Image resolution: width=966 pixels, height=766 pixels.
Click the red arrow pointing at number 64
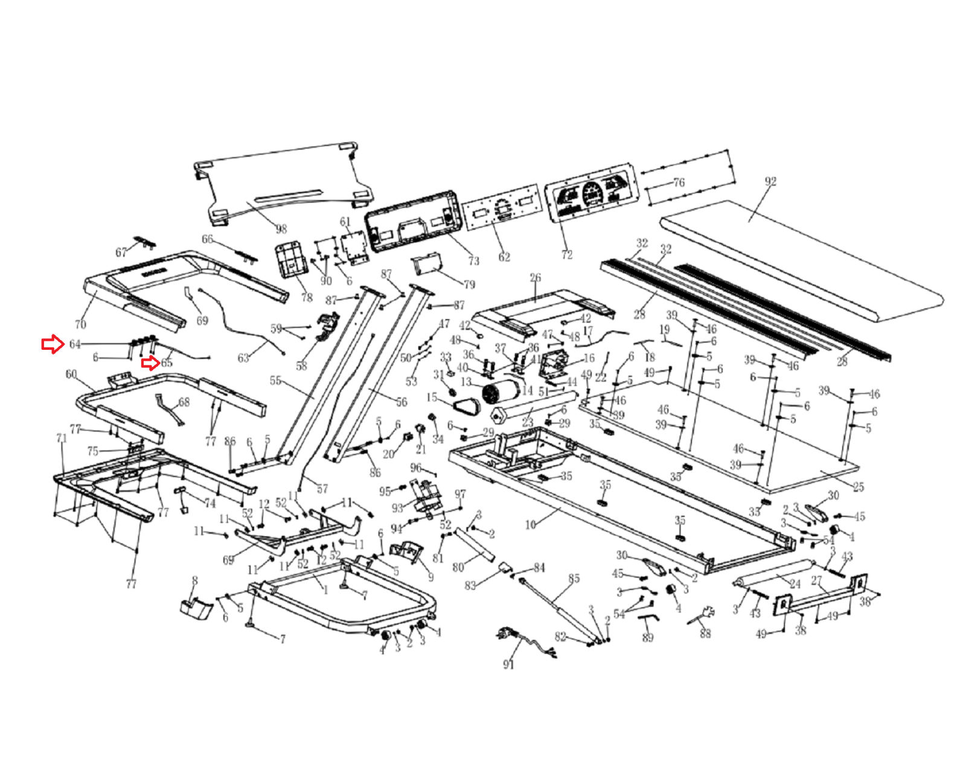tap(53, 344)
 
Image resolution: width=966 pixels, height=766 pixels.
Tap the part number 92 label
tap(770, 181)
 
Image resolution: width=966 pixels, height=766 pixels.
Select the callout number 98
tap(281, 229)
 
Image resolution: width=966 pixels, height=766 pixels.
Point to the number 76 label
tap(679, 182)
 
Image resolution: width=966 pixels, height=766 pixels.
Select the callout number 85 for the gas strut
tap(574, 578)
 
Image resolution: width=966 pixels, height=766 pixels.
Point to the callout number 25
tap(858, 486)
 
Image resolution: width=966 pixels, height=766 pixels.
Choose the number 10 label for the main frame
tap(530, 525)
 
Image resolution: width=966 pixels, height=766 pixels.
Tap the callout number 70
tap(80, 324)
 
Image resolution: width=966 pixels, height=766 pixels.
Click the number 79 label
tap(469, 284)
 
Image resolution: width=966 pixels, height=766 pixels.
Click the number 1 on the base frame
tap(325, 589)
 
